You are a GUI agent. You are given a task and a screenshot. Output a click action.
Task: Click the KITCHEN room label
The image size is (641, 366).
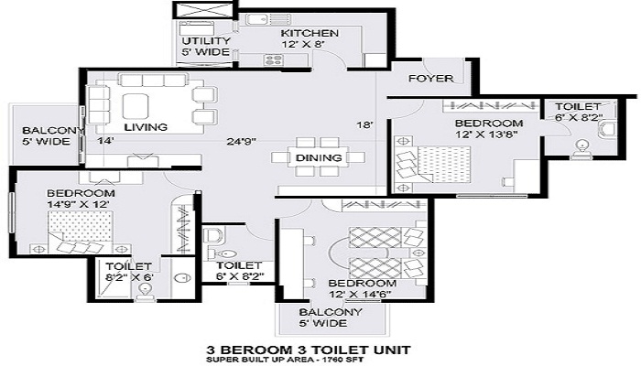click(x=310, y=33)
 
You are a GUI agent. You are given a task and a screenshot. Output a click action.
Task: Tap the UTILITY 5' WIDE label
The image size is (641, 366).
click(x=206, y=46)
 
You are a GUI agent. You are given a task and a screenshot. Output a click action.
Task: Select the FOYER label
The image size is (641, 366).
click(x=431, y=78)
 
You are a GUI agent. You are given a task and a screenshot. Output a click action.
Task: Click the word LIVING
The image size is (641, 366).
click(x=146, y=127)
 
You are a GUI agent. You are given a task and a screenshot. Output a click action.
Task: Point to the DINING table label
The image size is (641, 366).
click(x=319, y=157)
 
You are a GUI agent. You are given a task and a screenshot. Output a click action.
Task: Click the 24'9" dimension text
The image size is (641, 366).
click(x=242, y=142)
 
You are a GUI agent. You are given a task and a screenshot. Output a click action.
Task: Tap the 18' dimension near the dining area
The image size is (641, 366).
click(x=364, y=125)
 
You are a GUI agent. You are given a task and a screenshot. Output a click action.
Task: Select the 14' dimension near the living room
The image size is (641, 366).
click(x=105, y=141)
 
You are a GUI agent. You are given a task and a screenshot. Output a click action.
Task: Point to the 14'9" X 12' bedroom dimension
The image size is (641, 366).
click(x=78, y=204)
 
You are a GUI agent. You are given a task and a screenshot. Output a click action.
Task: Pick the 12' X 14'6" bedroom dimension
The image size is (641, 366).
click(x=360, y=294)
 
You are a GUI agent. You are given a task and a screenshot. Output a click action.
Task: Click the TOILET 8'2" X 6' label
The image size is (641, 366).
click(x=129, y=272)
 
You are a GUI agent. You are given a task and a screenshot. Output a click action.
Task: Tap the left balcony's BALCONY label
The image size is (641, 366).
click(x=53, y=131)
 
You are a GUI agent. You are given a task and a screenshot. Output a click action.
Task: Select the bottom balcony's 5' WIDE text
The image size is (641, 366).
click(x=322, y=323)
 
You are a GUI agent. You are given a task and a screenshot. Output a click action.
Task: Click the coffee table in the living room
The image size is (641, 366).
click(x=136, y=106)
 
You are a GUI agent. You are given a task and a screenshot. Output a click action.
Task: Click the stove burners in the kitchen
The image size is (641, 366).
click(x=273, y=60)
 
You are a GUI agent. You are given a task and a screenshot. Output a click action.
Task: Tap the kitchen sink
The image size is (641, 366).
click(x=257, y=19)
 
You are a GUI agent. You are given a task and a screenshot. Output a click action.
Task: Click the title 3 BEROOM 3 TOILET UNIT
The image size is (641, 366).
click(x=309, y=350)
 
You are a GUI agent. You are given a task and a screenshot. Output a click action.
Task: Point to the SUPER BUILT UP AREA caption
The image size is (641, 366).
click(x=285, y=360)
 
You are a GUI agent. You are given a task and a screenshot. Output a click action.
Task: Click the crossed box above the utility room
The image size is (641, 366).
click(x=204, y=9)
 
